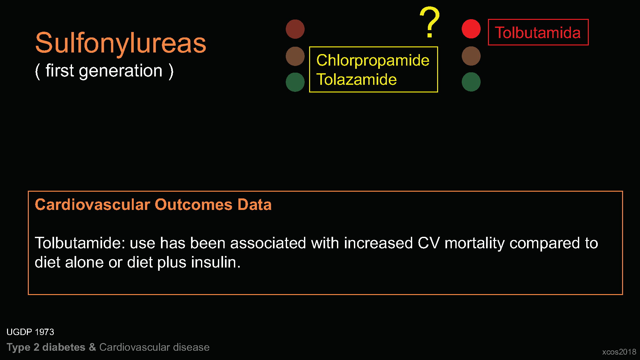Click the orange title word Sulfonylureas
(121, 44)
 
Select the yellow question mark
(430, 22)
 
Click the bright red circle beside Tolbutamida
(471, 29)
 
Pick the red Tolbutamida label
(538, 33)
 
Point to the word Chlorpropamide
(373, 60)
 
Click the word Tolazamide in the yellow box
(356, 79)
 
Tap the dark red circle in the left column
(295, 29)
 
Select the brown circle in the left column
(295, 56)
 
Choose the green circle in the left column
(295, 82)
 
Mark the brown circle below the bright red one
(471, 56)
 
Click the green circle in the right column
(471, 82)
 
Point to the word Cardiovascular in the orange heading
(92, 205)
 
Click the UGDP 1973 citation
(30, 332)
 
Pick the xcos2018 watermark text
(619, 352)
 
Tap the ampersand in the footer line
(92, 347)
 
